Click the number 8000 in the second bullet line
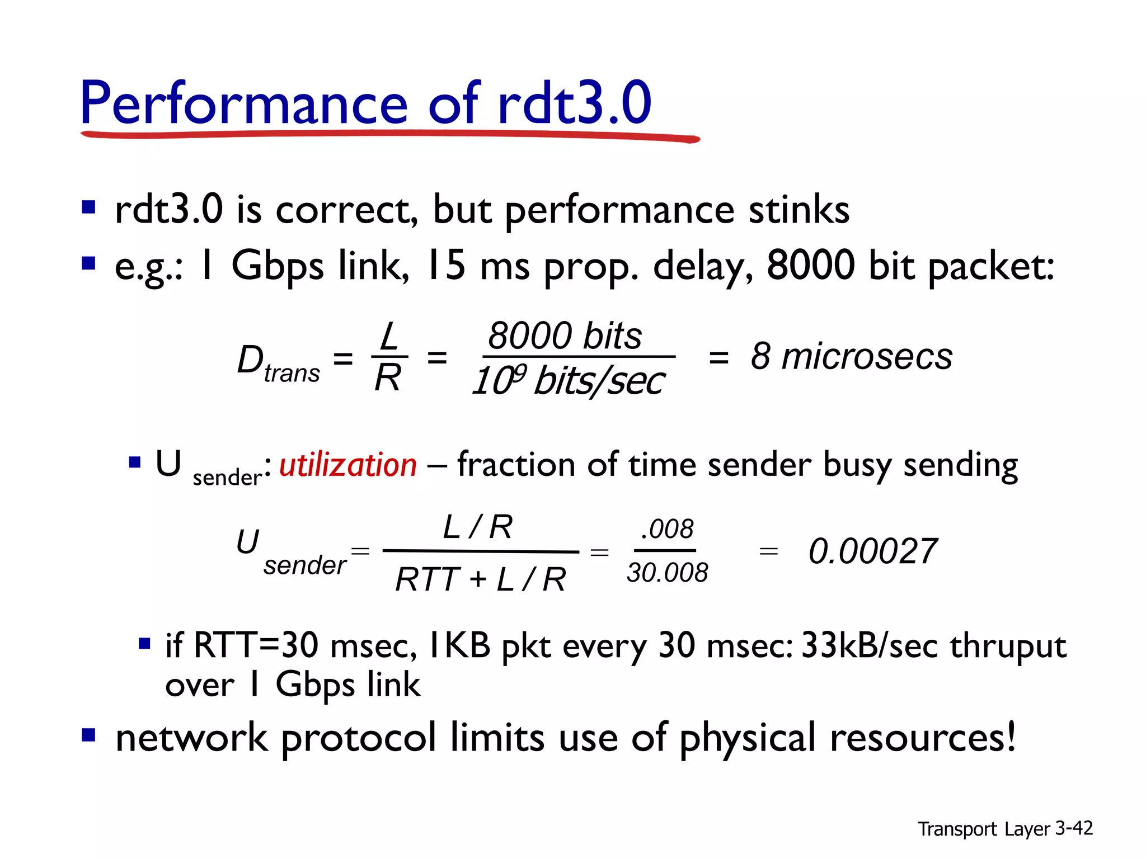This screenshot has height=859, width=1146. (810, 265)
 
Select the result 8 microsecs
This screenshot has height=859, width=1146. (851, 356)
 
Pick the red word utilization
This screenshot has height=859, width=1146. (348, 465)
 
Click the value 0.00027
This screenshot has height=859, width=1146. (873, 551)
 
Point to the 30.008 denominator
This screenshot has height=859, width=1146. (667, 573)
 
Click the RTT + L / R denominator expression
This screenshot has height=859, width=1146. (480, 579)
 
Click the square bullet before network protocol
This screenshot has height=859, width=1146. (89, 734)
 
